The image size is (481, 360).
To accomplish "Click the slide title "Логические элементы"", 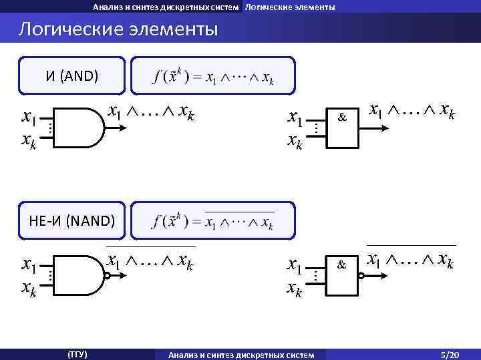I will click(118, 30).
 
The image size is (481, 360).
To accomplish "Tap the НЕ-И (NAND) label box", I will click(71, 220).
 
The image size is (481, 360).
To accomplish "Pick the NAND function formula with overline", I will click(213, 220).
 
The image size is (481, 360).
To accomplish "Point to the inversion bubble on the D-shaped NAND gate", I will click(106, 275).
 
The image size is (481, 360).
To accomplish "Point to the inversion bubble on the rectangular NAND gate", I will click(361, 275).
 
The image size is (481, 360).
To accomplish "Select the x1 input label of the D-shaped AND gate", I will click(28, 118).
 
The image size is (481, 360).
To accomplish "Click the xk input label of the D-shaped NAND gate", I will click(28, 289).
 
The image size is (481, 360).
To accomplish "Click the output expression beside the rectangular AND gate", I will click(412, 111).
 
